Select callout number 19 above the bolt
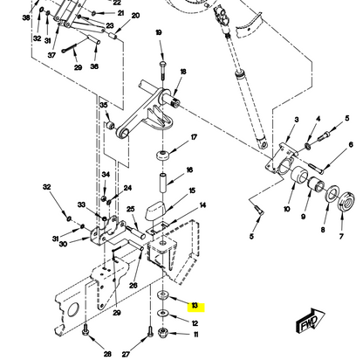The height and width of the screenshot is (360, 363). [x=159, y=32]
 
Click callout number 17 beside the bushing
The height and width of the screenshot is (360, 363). [x=194, y=137]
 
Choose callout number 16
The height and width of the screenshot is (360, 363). [x=190, y=170]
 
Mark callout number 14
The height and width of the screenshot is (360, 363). [x=202, y=205]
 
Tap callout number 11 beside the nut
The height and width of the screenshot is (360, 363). [x=195, y=335]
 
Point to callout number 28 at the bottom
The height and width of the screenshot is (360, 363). [x=107, y=354]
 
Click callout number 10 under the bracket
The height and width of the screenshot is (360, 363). [x=286, y=210]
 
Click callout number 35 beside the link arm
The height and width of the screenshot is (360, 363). [x=104, y=105]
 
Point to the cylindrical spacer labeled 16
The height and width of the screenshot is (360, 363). [x=162, y=188]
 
